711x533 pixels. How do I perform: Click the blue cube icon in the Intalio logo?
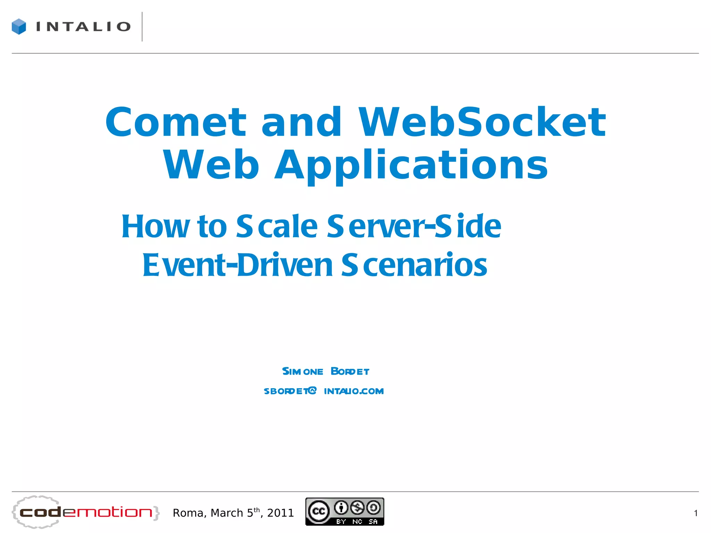(x=19, y=26)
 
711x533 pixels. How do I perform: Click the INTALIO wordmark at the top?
(x=83, y=27)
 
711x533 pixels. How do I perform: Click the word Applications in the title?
(x=411, y=165)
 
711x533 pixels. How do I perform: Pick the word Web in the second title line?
(x=211, y=165)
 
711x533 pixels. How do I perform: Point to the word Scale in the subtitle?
(x=277, y=226)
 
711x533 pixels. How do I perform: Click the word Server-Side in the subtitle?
(x=414, y=226)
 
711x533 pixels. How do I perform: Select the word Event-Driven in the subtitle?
(x=238, y=265)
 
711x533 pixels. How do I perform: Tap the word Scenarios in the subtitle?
(x=414, y=265)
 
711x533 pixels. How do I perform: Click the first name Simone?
(x=302, y=371)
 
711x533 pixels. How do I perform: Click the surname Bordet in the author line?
(x=350, y=371)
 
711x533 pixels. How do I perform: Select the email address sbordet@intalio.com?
(x=324, y=391)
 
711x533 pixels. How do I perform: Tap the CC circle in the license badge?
(x=319, y=511)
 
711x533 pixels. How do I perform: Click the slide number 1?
(x=695, y=513)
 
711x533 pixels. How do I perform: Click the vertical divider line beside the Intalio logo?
(x=142, y=27)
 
